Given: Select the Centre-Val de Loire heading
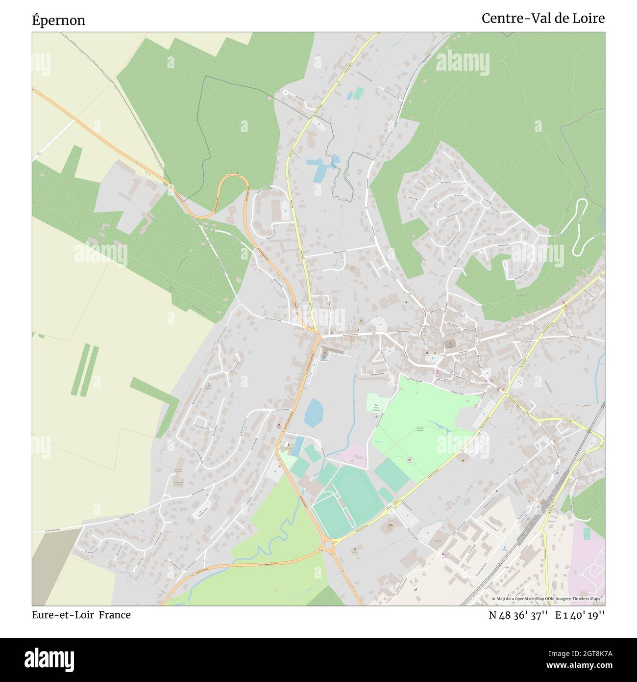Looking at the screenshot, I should tap(543, 19).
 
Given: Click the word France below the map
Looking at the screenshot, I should tap(115, 615).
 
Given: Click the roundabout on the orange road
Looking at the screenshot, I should tap(328, 545).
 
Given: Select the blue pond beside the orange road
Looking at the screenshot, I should tap(313, 412).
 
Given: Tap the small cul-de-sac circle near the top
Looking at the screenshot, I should tap(285, 92).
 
